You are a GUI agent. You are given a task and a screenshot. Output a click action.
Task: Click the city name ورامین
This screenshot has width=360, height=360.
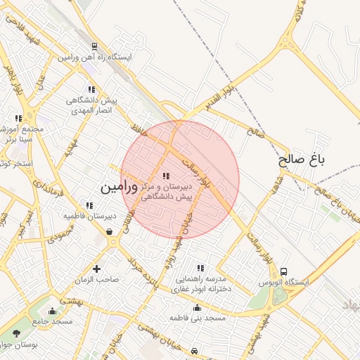[x=116, y=188]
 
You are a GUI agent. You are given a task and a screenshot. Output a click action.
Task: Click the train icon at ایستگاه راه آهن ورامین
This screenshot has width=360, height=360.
[x=94, y=46]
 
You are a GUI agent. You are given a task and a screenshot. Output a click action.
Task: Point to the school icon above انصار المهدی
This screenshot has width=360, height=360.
[x=91, y=89]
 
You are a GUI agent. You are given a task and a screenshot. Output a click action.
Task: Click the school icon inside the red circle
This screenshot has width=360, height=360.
[x=166, y=176]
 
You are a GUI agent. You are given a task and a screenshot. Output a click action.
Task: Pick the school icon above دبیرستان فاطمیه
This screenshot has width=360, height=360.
[x=89, y=205]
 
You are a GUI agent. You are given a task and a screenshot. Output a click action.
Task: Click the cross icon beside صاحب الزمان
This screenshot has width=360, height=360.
[x=97, y=269]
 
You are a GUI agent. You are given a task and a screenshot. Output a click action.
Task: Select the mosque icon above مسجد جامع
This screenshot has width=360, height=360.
[x=52, y=310]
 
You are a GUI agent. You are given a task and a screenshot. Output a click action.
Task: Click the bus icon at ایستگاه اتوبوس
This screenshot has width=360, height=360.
[x=283, y=271]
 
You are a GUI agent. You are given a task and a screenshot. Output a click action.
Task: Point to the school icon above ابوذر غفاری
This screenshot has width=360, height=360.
[x=200, y=268]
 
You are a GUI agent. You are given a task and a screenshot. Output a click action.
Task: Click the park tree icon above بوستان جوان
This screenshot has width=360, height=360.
[x=16, y=333]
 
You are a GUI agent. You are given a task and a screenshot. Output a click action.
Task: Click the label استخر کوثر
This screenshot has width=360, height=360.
[x=14, y=165]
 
